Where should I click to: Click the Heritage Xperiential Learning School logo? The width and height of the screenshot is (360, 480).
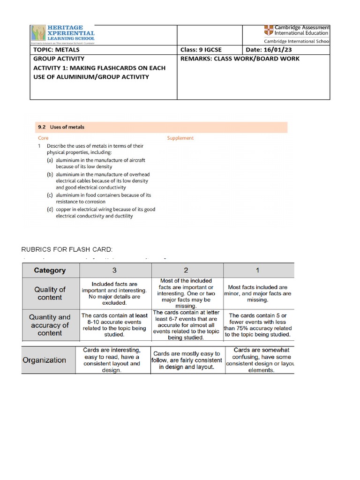(63, 34)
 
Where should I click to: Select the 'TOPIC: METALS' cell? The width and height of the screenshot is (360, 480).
(57, 50)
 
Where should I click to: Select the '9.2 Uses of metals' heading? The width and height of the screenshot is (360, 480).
(61, 127)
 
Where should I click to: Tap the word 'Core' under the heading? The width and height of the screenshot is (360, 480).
(43, 138)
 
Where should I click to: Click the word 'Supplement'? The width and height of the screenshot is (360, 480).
(180, 138)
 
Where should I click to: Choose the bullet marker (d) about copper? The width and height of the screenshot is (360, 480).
(50, 210)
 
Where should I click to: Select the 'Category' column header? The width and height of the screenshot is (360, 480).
(50, 270)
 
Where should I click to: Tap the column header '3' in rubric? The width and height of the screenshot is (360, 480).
(115, 270)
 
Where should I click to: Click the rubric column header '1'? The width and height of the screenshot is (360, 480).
(258, 270)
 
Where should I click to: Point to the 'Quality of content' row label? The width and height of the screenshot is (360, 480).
(50, 293)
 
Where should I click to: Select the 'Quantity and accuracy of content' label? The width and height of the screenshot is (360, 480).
(50, 325)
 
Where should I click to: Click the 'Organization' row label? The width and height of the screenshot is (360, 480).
(45, 360)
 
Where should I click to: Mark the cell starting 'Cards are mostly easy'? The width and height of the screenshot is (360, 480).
(187, 360)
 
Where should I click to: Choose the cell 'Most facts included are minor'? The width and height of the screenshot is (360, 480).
(258, 293)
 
